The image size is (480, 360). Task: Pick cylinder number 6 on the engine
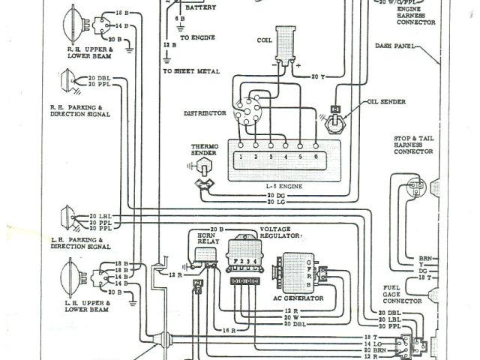[x=315, y=157]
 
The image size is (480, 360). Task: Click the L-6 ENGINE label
[x=278, y=184]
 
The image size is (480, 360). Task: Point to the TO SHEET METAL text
[x=191, y=71]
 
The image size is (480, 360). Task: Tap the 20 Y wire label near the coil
[x=317, y=76]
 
